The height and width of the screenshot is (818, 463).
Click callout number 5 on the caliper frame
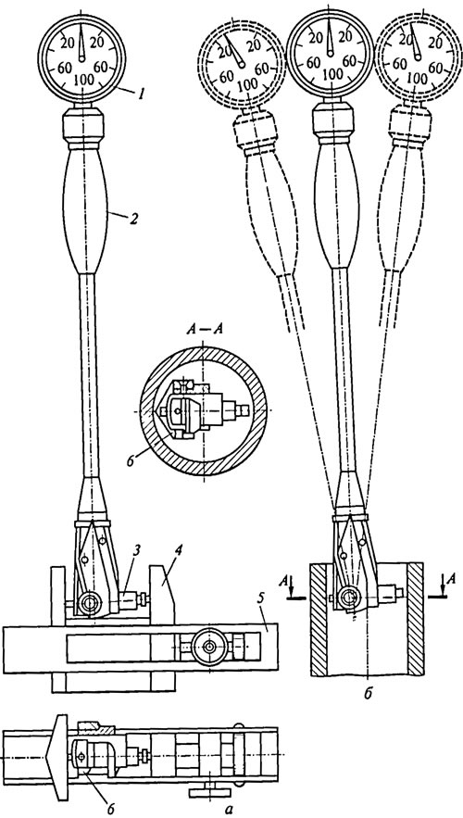click(x=266, y=609)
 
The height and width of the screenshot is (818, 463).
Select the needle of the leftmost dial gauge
click(x=81, y=44)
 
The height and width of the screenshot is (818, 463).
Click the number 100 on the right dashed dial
click(x=416, y=78)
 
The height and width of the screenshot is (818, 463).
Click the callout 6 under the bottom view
click(x=108, y=809)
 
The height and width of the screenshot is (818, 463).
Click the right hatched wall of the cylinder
click(x=417, y=620)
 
